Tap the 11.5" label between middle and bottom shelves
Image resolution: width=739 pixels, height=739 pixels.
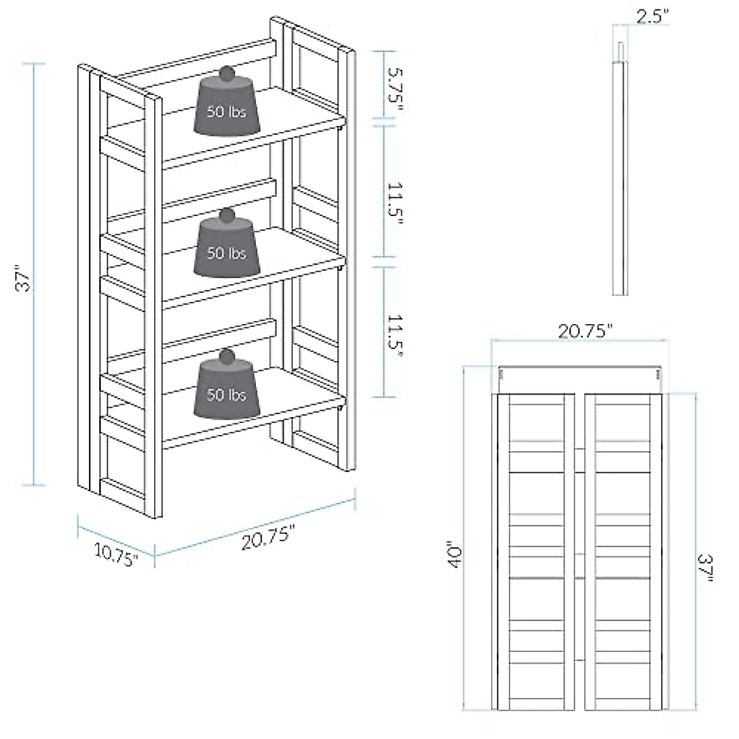(394, 336)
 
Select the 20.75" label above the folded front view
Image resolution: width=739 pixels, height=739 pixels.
(586, 330)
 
